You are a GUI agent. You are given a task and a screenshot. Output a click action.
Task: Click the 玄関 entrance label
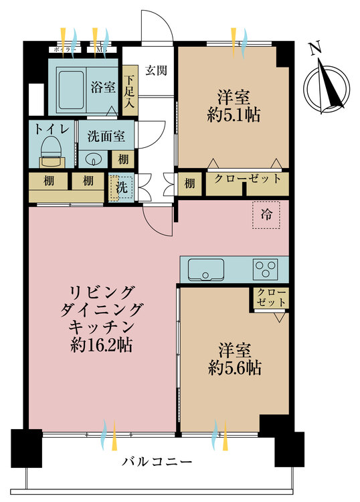[156, 70]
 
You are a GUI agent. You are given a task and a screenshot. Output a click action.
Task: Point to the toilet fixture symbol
[50, 151]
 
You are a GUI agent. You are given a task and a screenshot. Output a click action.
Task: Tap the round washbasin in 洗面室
[93, 159]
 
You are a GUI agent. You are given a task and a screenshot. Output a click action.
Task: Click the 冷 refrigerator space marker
[266, 215]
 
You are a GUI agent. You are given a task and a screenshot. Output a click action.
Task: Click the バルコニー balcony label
[158, 461]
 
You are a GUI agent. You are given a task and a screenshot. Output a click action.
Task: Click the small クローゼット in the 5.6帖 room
[271, 299]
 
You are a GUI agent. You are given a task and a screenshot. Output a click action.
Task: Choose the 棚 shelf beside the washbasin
[121, 159]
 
